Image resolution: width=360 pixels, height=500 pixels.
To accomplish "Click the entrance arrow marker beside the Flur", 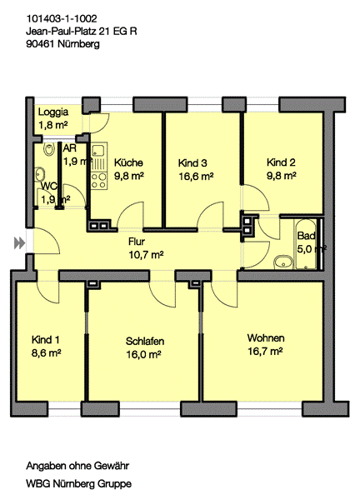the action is pyautogui.click(x=19, y=243).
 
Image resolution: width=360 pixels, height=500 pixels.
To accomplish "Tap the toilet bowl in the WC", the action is pyautogui.click(x=49, y=149).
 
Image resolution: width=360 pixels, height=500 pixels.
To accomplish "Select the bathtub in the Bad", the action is pyautogui.click(x=306, y=244).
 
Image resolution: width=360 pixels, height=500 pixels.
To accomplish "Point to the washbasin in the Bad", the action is pyautogui.click(x=282, y=262).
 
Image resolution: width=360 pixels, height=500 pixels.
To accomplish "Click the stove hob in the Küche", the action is pyautogui.click(x=99, y=181).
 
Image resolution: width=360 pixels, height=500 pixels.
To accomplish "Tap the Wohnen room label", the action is pyautogui.click(x=266, y=337).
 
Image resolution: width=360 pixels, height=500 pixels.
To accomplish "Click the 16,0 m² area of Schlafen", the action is pyautogui.click(x=143, y=354).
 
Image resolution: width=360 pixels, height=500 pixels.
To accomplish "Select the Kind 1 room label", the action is pyautogui.click(x=46, y=340).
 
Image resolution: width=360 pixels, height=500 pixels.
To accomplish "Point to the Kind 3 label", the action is pyautogui.click(x=192, y=163).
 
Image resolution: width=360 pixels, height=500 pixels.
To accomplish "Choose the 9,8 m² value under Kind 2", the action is pyautogui.click(x=282, y=176).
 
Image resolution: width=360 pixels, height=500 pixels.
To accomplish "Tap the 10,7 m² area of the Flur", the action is pyautogui.click(x=146, y=255).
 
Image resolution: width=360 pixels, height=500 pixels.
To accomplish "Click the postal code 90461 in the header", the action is pyautogui.click(x=40, y=43).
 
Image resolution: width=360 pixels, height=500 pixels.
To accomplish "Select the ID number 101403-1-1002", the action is pyautogui.click(x=61, y=18).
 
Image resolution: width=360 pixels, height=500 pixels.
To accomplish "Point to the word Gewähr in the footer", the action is pyautogui.click(x=112, y=466).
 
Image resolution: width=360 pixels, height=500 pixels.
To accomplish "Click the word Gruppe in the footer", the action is pyautogui.click(x=114, y=483).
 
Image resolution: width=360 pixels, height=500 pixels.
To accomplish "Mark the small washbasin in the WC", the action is pyautogui.click(x=40, y=174).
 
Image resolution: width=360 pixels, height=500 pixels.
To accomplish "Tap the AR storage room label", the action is pyautogui.click(x=69, y=148).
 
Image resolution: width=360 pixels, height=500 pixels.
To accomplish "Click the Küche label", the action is pyautogui.click(x=128, y=162).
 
